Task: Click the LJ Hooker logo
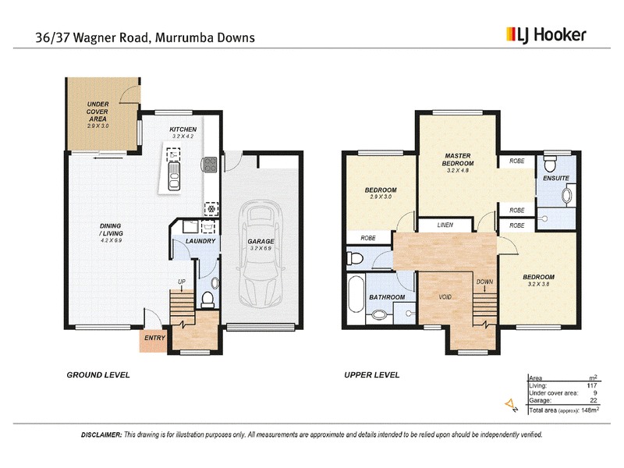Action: [x=546, y=35]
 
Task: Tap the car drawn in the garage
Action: [x=261, y=253]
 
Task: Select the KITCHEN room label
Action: [x=183, y=129]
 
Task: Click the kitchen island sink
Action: [x=174, y=175]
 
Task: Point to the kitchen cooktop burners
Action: [x=210, y=165]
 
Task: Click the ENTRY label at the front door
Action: [x=154, y=338]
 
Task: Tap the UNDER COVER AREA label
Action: [x=97, y=112]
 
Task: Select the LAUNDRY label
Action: [x=200, y=241]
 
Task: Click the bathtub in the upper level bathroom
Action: [x=356, y=295]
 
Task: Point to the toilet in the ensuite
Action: [x=551, y=164]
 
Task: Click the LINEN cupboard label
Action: [x=445, y=225]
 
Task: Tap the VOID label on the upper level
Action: [x=445, y=297]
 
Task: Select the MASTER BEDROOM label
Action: [x=458, y=160]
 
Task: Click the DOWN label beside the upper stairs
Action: [x=484, y=282]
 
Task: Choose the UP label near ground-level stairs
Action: [x=182, y=282]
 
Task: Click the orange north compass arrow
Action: [x=509, y=404]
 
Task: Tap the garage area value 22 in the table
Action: [x=594, y=400]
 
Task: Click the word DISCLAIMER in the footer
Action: [x=101, y=435]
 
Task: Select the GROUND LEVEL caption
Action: [x=98, y=375]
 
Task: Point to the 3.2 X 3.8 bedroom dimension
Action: [x=538, y=284]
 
